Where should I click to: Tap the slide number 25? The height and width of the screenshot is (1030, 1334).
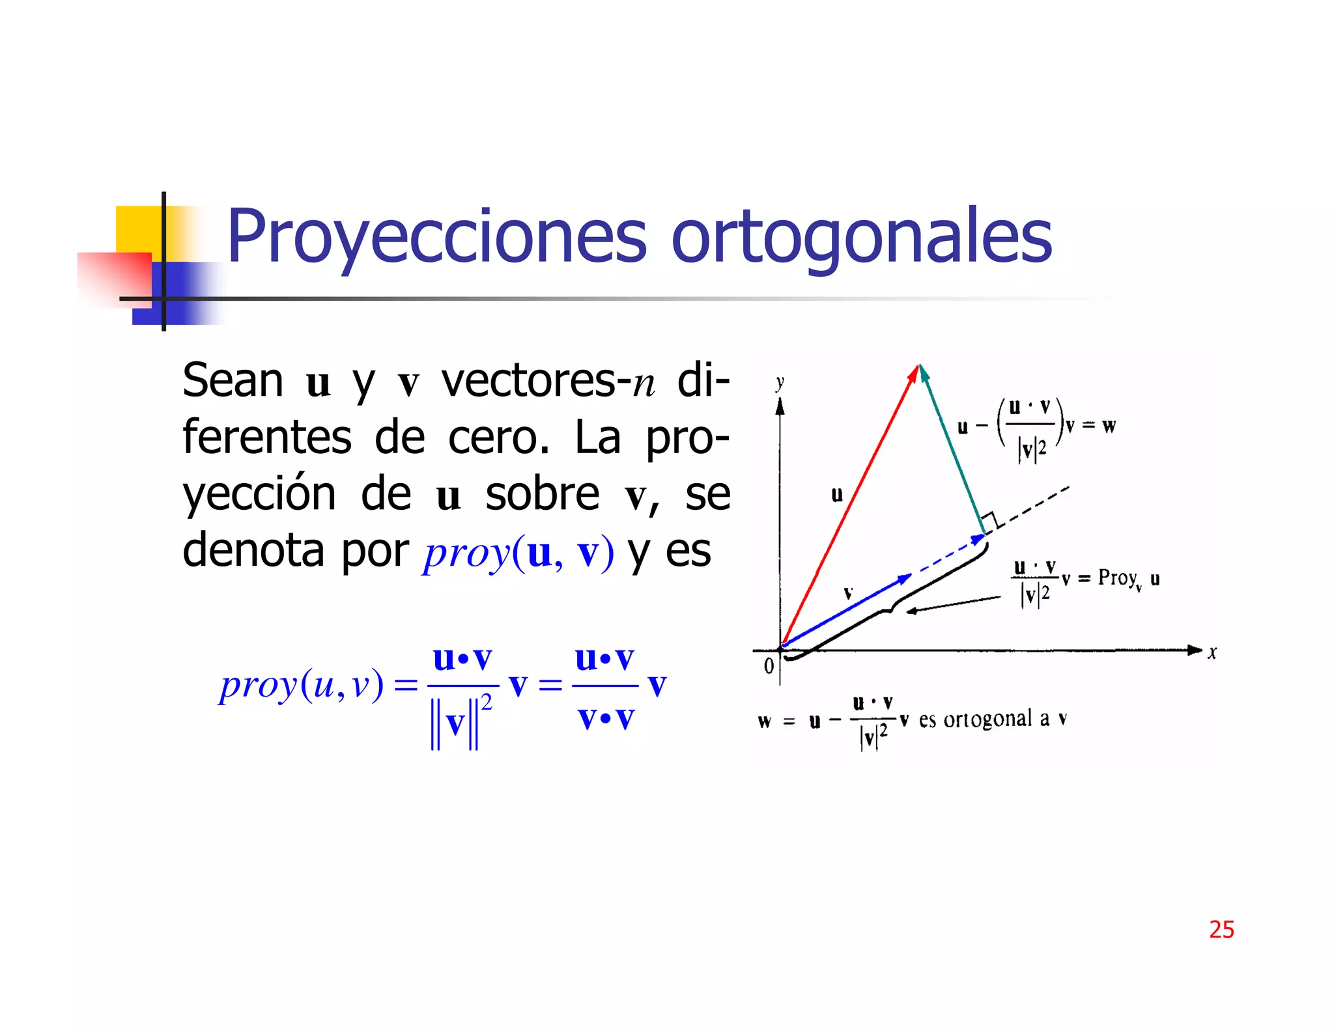pyautogui.click(x=1221, y=929)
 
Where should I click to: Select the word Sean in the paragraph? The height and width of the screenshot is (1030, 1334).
pyautogui.click(x=233, y=380)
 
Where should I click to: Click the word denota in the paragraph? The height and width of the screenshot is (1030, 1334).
pyautogui.click(x=253, y=551)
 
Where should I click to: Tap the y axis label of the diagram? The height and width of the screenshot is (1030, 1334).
pyautogui.click(x=780, y=383)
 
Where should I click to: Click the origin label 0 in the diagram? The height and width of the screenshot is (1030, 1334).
pyautogui.click(x=769, y=665)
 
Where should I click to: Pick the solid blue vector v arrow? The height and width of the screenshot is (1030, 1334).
pyautogui.click(x=847, y=610)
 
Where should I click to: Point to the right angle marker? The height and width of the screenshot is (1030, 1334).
pyautogui.click(x=990, y=522)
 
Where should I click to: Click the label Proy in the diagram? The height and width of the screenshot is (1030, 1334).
pyautogui.click(x=1117, y=578)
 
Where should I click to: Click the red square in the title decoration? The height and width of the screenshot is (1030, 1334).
pyautogui.click(x=114, y=278)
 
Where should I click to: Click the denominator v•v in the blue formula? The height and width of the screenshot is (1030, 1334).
pyautogui.click(x=606, y=719)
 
